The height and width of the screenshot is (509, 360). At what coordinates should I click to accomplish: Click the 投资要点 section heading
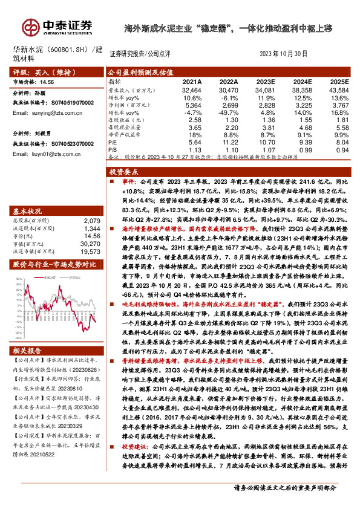coord(125,172)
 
